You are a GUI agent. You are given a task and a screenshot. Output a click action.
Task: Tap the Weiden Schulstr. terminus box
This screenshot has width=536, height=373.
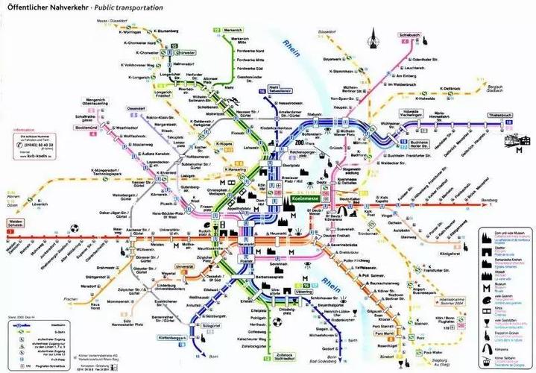pos(14,224)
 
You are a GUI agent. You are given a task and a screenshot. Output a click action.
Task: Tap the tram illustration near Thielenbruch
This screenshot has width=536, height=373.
pos(517,141)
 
